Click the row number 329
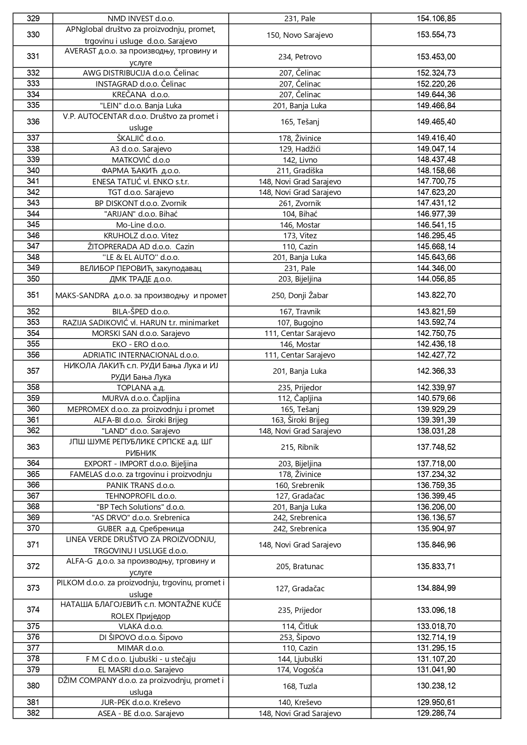point(33,18)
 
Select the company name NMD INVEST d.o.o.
point(141,19)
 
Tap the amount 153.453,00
point(436,56)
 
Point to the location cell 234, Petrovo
point(300,57)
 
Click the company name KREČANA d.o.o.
point(141,95)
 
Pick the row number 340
point(33,170)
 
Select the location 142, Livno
point(300,160)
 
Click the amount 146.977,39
point(436,214)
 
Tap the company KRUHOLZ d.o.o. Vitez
point(141,236)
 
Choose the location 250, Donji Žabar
point(300,296)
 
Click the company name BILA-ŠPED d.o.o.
point(141,312)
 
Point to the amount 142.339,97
point(436,387)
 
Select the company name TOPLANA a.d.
point(141,388)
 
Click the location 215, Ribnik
point(300,447)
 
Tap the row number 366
point(33,485)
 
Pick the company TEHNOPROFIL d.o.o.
point(141,496)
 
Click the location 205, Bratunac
point(300,567)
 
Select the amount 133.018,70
point(436,626)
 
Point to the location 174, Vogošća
point(300,670)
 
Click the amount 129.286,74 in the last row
point(436,713)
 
